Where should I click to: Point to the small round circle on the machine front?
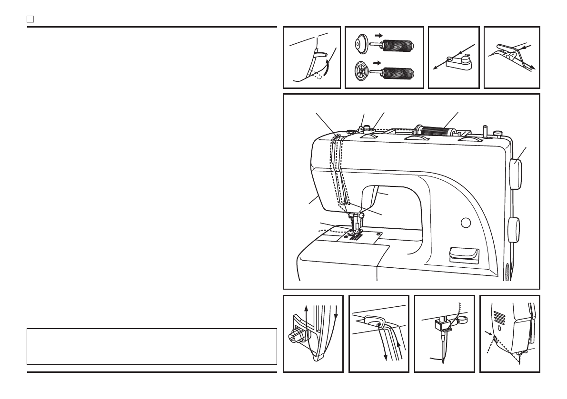[466, 222]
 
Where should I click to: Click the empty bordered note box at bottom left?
[152, 346]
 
